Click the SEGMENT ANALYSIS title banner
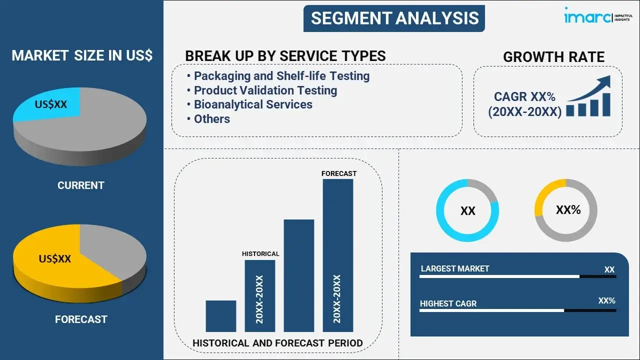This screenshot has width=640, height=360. point(394,18)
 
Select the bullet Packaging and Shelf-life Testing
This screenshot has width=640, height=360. point(281,76)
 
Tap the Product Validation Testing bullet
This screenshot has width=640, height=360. point(265,90)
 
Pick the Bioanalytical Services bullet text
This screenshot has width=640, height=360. point(253,104)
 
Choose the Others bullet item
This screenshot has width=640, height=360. point(211,119)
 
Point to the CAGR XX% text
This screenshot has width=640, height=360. point(524,97)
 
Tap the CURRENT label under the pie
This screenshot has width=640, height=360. point(80,185)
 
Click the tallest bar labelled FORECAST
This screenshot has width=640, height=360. point(338,255)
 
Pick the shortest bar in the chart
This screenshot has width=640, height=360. point(220,315)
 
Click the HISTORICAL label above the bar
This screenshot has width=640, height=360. point(260,254)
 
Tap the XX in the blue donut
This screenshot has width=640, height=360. point(467,211)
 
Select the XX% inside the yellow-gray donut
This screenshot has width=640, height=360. point(568,210)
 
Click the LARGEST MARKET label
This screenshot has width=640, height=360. point(455,268)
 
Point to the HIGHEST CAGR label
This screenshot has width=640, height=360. point(448,303)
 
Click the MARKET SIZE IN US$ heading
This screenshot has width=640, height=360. point(82,56)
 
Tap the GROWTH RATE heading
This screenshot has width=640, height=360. point(553,57)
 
